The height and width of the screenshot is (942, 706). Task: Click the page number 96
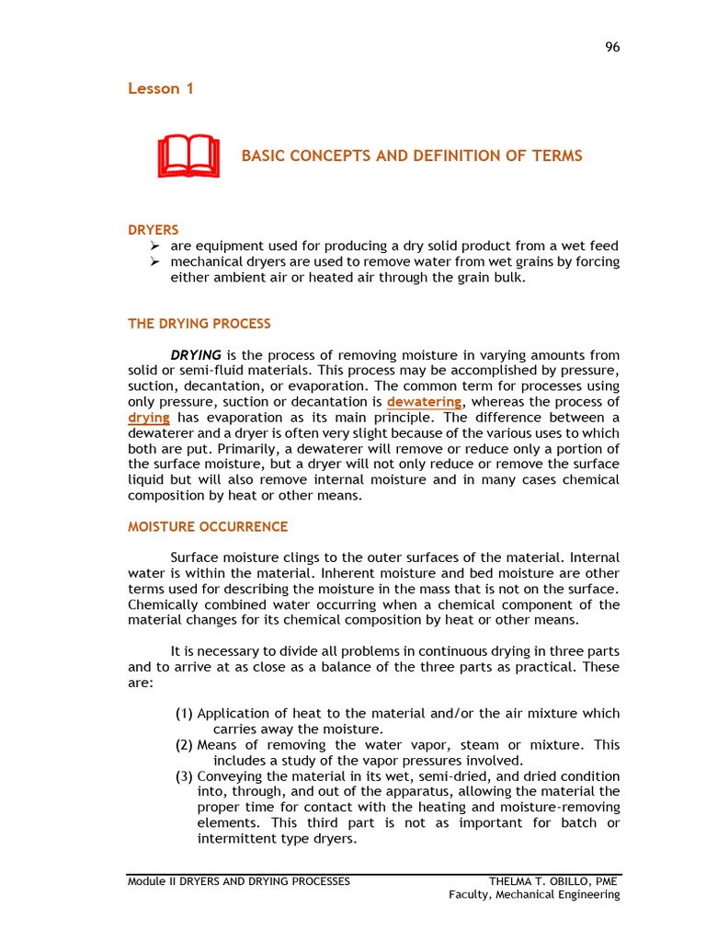612,48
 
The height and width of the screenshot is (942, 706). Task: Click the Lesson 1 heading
160,89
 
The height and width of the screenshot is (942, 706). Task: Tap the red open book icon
188,156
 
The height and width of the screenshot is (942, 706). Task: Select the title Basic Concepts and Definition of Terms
411,156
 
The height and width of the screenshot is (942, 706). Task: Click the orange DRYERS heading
153,230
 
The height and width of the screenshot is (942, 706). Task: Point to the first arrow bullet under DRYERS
154,247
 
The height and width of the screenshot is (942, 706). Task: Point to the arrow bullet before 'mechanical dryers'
154,262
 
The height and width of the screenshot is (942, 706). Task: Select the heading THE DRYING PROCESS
199,324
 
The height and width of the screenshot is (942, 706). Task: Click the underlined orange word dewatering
424,402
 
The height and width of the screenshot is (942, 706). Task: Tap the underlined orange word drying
148,418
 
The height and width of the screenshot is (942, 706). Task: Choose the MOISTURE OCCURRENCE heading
207,527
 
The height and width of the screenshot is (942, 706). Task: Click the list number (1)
184,714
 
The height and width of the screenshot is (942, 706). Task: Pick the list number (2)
184,745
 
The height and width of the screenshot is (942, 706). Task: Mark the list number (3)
184,776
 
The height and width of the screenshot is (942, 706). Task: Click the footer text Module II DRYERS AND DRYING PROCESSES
238,881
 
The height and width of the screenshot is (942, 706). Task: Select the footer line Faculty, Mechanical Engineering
534,895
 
